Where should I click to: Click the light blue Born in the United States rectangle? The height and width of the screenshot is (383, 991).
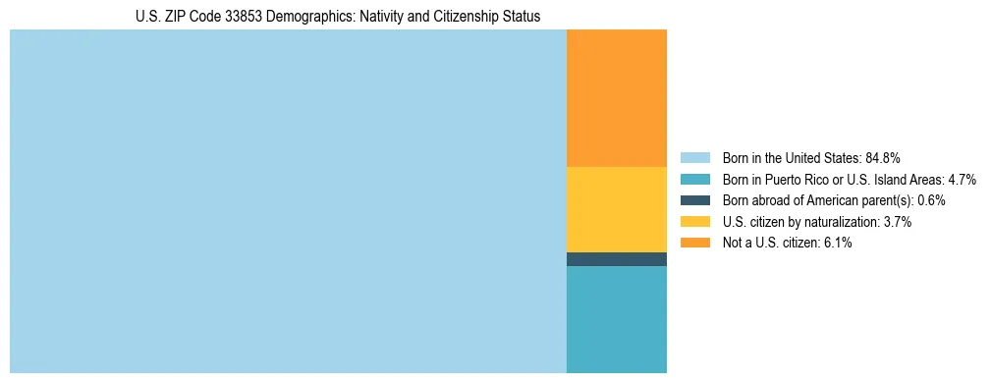click(288, 201)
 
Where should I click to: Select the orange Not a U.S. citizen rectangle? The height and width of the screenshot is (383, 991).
click(617, 98)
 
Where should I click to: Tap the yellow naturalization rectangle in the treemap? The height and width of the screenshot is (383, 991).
click(617, 209)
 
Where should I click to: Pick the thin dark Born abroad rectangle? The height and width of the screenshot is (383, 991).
click(617, 259)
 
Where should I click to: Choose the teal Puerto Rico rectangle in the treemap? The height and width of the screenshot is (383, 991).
click(617, 319)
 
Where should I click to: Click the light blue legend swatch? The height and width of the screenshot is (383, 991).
click(694, 157)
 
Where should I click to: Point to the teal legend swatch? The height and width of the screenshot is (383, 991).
click(694, 179)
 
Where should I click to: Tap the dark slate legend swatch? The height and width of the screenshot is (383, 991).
click(694, 200)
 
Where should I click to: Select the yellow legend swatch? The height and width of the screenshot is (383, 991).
click(694, 222)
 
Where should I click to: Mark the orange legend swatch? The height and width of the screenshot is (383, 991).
click(694, 243)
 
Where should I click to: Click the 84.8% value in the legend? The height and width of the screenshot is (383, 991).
click(883, 157)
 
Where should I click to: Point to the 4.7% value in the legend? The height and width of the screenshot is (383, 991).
click(963, 179)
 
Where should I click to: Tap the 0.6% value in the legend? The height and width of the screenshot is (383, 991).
click(932, 200)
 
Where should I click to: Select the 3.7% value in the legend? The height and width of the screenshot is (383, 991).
click(898, 222)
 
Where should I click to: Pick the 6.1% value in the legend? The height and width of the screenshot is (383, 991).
click(838, 243)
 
